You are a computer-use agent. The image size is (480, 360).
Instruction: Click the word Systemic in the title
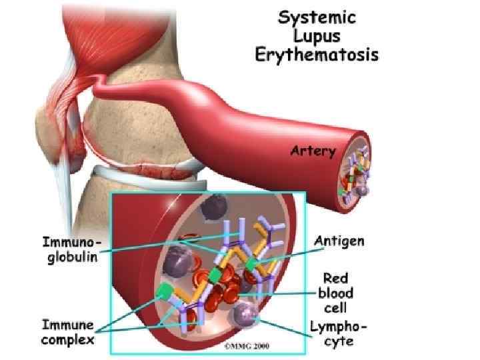(x=317, y=19)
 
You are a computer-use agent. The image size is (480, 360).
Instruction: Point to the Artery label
(x=313, y=151)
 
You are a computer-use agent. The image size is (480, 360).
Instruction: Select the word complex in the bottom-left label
(x=67, y=341)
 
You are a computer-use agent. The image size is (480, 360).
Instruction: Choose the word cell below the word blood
(x=337, y=309)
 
